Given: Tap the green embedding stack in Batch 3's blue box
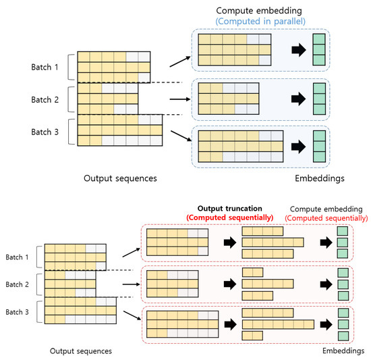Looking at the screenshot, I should tap(320, 146).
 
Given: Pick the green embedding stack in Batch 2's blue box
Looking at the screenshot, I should tap(320, 99).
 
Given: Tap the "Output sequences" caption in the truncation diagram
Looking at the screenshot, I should tap(81, 351).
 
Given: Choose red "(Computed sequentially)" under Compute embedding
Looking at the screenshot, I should tap(326, 217).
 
